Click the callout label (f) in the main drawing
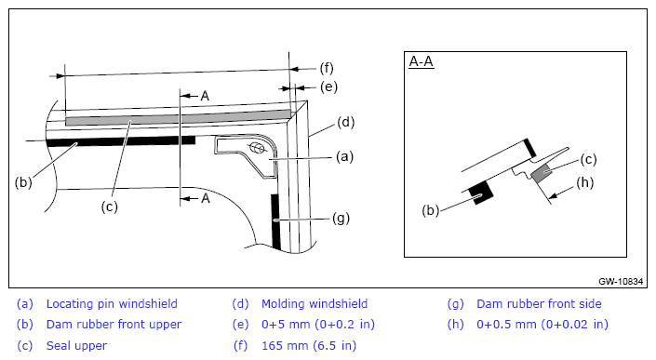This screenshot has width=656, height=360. (x=327, y=68)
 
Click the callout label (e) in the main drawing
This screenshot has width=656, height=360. (x=328, y=87)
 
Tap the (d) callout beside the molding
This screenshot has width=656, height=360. (x=345, y=123)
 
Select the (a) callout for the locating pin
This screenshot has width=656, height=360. (x=344, y=157)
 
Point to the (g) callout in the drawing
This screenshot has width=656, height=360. (x=341, y=219)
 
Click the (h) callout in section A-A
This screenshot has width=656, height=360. (x=585, y=182)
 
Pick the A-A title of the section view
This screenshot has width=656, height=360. (x=422, y=62)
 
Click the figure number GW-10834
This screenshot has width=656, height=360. (x=621, y=281)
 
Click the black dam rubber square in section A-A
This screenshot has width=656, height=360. (x=481, y=193)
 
